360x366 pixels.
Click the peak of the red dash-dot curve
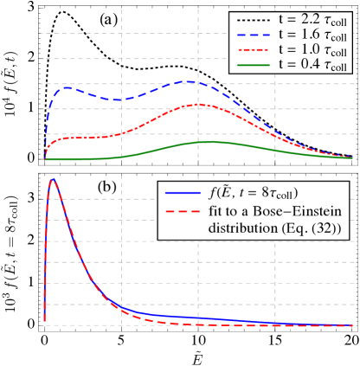(x=198, y=105)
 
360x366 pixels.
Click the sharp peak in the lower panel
(x=53, y=179)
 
